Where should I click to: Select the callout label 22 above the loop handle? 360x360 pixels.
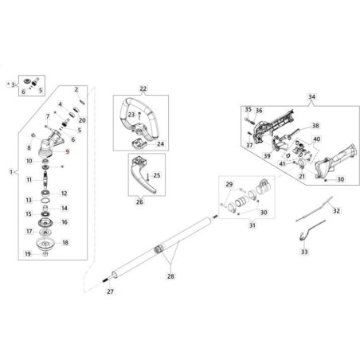143,88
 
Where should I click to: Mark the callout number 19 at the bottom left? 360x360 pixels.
28,254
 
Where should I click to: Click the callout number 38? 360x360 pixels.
315,126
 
